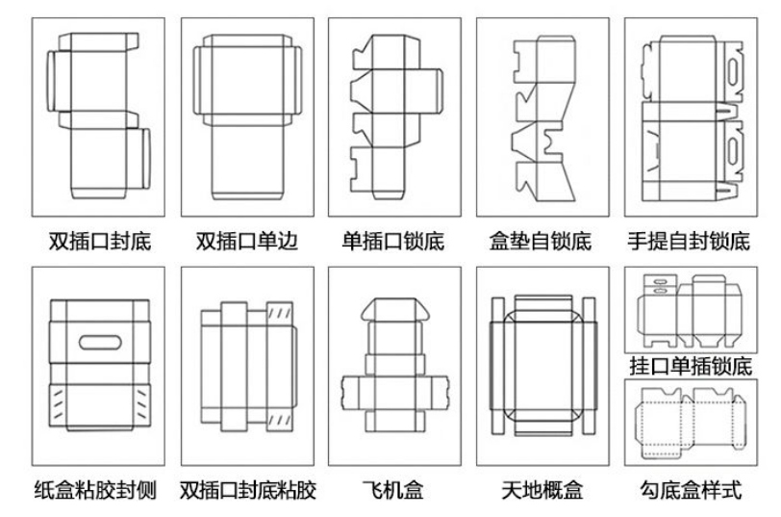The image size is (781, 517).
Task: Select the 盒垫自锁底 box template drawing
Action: [542, 116]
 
